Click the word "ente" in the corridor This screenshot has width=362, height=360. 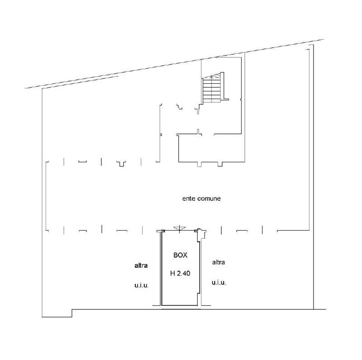click(x=188, y=199)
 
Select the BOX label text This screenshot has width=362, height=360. click(x=180, y=255)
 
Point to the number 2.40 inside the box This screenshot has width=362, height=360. click(x=184, y=274)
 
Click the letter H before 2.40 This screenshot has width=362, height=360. click(x=172, y=274)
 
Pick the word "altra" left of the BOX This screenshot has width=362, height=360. click(x=141, y=265)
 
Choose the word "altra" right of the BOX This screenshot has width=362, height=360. click(x=219, y=262)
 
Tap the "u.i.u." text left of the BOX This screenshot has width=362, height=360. click(x=142, y=285)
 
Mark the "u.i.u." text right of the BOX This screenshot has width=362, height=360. click(x=219, y=283)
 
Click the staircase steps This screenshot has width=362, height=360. click(x=212, y=90)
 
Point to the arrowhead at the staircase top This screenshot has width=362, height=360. click(x=212, y=76)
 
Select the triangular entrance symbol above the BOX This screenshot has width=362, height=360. click(x=180, y=228)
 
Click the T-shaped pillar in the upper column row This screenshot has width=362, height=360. click(x=121, y=164)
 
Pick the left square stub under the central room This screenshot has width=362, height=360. click(x=199, y=164)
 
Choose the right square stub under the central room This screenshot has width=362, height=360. click(x=220, y=164)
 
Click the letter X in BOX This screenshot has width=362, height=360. click(x=185, y=255)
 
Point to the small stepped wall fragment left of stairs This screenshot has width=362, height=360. click(x=179, y=106)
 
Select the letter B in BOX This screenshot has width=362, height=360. click(x=176, y=255)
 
